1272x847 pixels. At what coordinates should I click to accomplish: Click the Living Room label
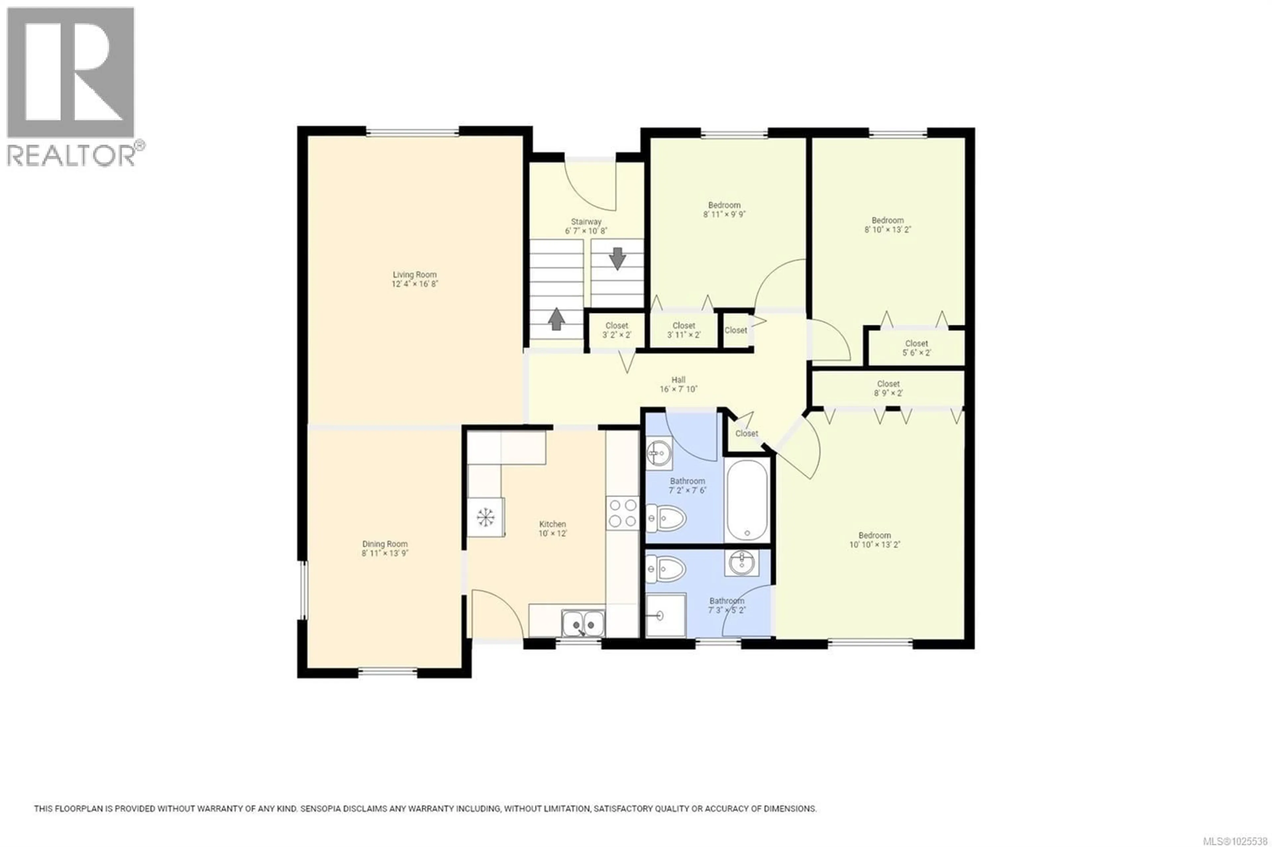[x=414, y=274]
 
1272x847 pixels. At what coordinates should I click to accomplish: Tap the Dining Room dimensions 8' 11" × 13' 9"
[x=385, y=553]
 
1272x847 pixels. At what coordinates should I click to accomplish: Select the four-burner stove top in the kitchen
[x=622, y=513]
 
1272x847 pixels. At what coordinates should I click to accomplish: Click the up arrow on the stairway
[x=556, y=319]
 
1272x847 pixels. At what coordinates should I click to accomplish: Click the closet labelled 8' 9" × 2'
[x=888, y=388]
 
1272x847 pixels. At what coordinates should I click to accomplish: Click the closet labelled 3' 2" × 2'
[x=616, y=330]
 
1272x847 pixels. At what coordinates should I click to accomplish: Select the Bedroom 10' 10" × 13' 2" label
[x=874, y=540]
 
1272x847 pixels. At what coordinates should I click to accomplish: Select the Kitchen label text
[x=552, y=523]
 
